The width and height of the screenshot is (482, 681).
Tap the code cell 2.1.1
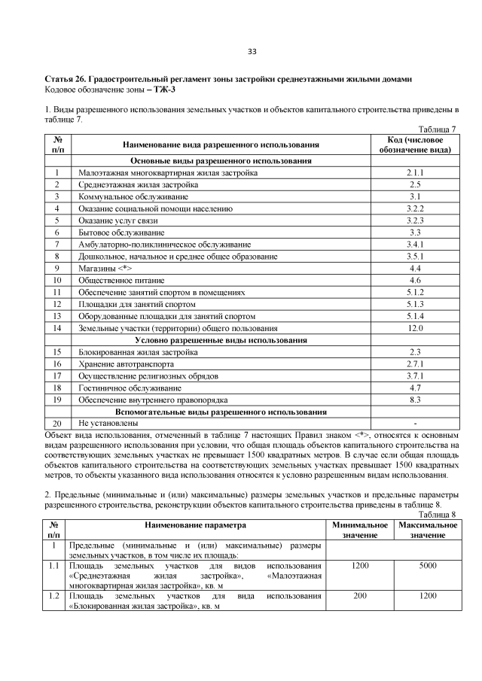[x=414, y=173]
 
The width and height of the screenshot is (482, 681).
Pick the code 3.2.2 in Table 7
[x=414, y=208]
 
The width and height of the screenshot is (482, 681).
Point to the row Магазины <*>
[x=105, y=268]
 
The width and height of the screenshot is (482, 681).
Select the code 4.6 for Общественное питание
[x=414, y=280]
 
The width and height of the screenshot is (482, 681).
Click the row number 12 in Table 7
[x=57, y=304]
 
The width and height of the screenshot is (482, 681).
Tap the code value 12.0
[x=414, y=328]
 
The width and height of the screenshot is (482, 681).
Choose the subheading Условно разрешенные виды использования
[x=221, y=340]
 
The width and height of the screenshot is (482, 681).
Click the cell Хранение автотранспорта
[x=124, y=363]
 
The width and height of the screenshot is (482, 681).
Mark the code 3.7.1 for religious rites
[x=414, y=375]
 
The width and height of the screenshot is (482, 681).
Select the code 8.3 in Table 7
[x=414, y=400]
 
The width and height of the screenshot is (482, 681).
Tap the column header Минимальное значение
[x=359, y=528]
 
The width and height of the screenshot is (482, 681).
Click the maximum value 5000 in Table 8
[x=428, y=565]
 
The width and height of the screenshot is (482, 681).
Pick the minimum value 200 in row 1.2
[x=359, y=595]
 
